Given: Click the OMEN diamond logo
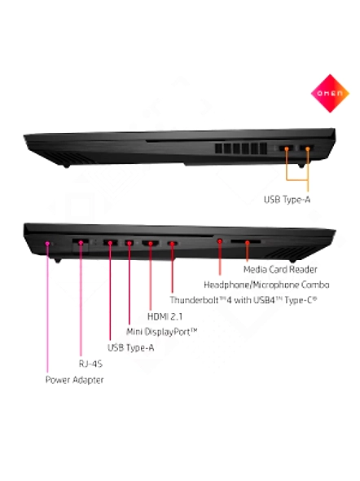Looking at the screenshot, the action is tap(330, 93).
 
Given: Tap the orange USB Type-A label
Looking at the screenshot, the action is tap(287, 200).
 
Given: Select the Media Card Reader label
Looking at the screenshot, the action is tap(280, 270).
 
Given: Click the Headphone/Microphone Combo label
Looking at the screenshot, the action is tap(266, 285).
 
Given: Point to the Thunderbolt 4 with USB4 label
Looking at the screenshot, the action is tap(244, 300).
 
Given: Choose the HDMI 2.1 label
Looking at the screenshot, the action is tap(165, 316).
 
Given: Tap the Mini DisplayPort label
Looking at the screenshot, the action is tap(162, 332).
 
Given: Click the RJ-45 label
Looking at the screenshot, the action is tap(90, 364).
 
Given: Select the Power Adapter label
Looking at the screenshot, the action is tap(74, 380).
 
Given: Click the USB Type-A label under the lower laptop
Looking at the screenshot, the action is tap(130, 348).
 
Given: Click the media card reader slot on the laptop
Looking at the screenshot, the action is tap(246, 242).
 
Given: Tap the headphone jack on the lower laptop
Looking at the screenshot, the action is tap(220, 241).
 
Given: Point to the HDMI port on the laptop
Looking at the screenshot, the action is tap(151, 243).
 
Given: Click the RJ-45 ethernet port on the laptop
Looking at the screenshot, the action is tap(81, 243).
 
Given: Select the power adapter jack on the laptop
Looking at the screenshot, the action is tap(47, 244).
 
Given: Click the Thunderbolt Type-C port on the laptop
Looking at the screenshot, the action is tap(172, 244).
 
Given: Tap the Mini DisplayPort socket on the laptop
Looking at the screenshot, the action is tap(130, 243).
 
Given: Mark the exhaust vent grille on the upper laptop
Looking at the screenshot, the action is tap(241, 148).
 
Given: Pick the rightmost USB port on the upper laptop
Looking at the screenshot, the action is tap(307, 148).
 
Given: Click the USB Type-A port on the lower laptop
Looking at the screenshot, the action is tap(110, 243).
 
